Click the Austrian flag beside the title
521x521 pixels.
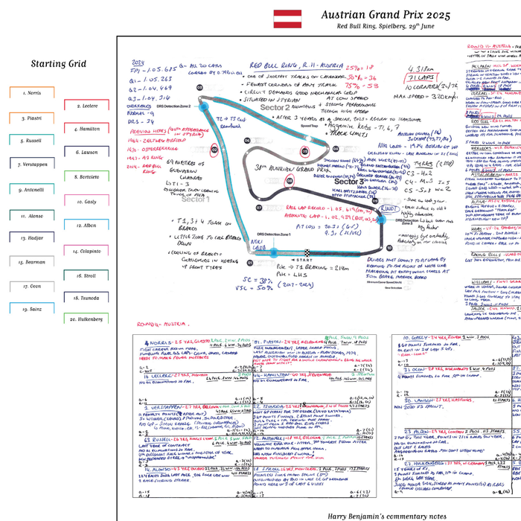(286, 19)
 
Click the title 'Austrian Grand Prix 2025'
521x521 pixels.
(386, 14)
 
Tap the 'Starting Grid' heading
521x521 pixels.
(59, 64)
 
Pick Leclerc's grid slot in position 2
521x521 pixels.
(89, 106)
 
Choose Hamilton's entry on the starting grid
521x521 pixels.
(89, 129)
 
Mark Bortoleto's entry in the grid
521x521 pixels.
(89, 177)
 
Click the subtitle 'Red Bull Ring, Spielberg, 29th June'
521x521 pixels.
(386, 28)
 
